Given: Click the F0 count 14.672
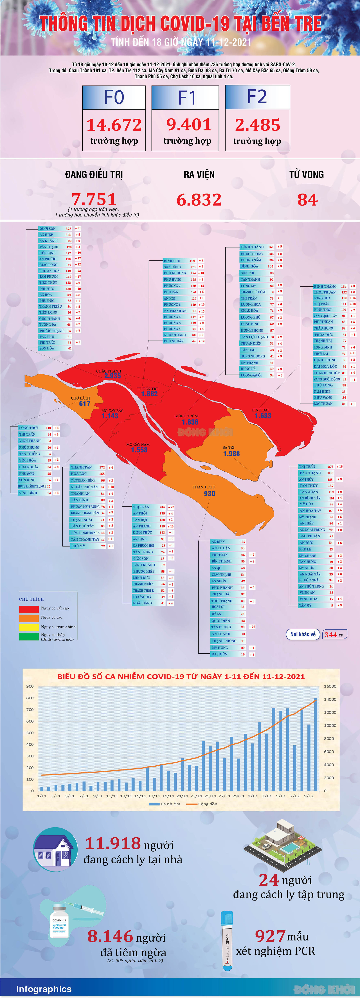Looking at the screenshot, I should coord(114,125).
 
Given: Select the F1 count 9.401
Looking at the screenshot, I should coord(189,125).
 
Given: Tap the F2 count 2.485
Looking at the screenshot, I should coord(258,125).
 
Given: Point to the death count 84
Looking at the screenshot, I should coord(307,200).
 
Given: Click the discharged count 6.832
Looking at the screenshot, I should coord(199,200).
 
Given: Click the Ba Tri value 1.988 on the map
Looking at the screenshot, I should coord(232,454).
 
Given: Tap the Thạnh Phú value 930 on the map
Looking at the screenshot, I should coord(210,494).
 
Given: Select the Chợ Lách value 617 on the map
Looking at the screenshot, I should coord(85,404).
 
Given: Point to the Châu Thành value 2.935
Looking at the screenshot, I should coord(112,376).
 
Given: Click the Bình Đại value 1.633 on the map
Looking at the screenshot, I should coord(263,416).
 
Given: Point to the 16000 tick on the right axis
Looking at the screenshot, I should coord(330,686).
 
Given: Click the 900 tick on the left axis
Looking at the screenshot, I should coord(30,686).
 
